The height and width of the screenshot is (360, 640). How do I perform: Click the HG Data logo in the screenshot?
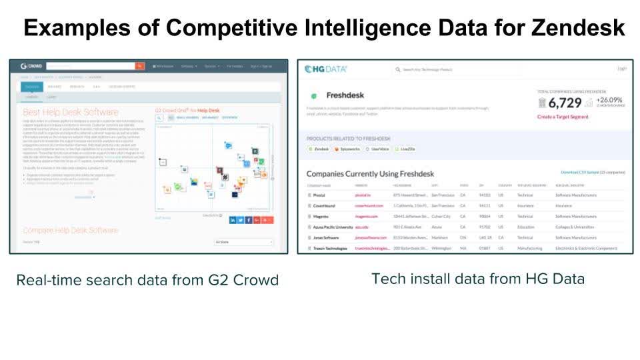[326, 69]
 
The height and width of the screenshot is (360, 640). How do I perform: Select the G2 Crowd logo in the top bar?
[32, 67]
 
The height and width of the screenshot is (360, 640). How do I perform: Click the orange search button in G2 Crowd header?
[139, 66]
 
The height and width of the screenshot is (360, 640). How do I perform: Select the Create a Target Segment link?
[563, 117]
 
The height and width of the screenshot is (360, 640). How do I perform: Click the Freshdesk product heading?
[345, 95]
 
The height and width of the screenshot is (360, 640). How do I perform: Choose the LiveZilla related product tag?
[405, 149]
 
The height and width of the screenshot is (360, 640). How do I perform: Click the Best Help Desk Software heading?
[71, 112]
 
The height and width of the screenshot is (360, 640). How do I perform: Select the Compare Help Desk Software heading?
[71, 230]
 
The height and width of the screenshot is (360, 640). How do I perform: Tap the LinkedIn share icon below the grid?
[233, 220]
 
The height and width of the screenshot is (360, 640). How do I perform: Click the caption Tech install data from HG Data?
[477, 279]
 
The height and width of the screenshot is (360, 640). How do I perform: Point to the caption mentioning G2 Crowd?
[147, 280]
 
